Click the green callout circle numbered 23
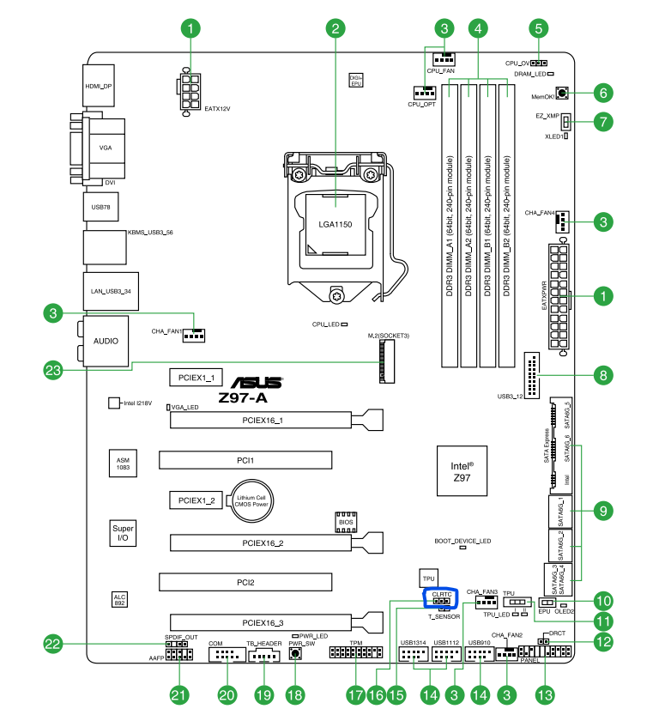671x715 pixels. pos(54,370)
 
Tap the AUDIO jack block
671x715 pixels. pos(106,340)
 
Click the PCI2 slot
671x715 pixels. pos(246,582)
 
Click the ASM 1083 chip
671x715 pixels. pos(124,464)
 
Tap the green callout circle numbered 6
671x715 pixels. pos(603,93)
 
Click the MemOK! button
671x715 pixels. pos(562,94)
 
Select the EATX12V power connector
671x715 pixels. pos(190,91)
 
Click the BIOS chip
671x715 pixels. pos(346,521)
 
